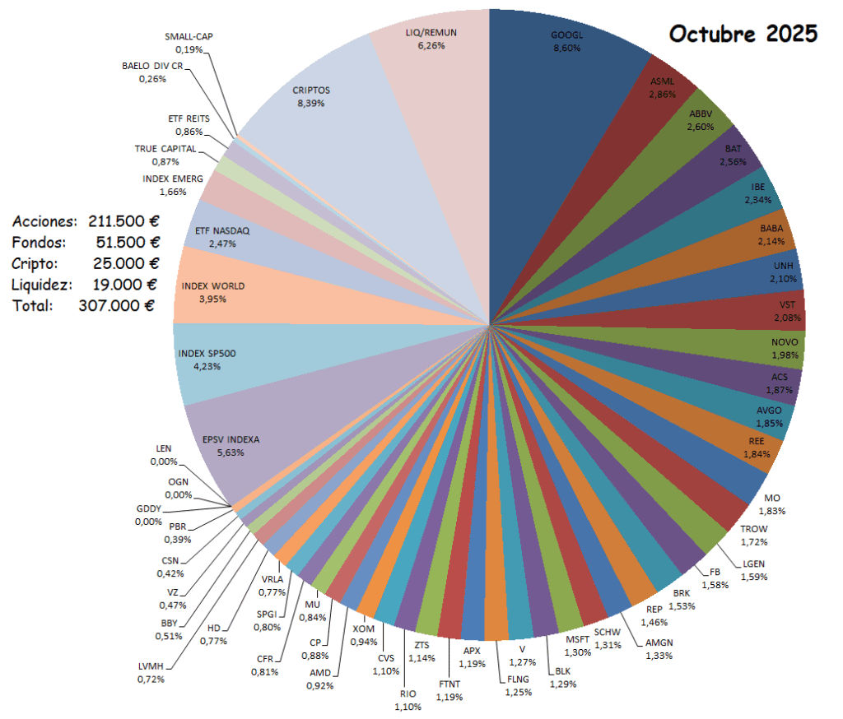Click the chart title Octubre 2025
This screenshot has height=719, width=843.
[x=743, y=34]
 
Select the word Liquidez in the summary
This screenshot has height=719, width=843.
[x=42, y=285]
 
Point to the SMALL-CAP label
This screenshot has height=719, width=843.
[x=189, y=37]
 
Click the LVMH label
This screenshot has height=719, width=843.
[x=151, y=667]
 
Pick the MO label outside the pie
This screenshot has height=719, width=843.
[x=771, y=499]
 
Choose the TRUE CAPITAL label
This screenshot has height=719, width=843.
[x=165, y=149]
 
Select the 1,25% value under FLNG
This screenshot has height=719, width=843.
[x=519, y=692]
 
